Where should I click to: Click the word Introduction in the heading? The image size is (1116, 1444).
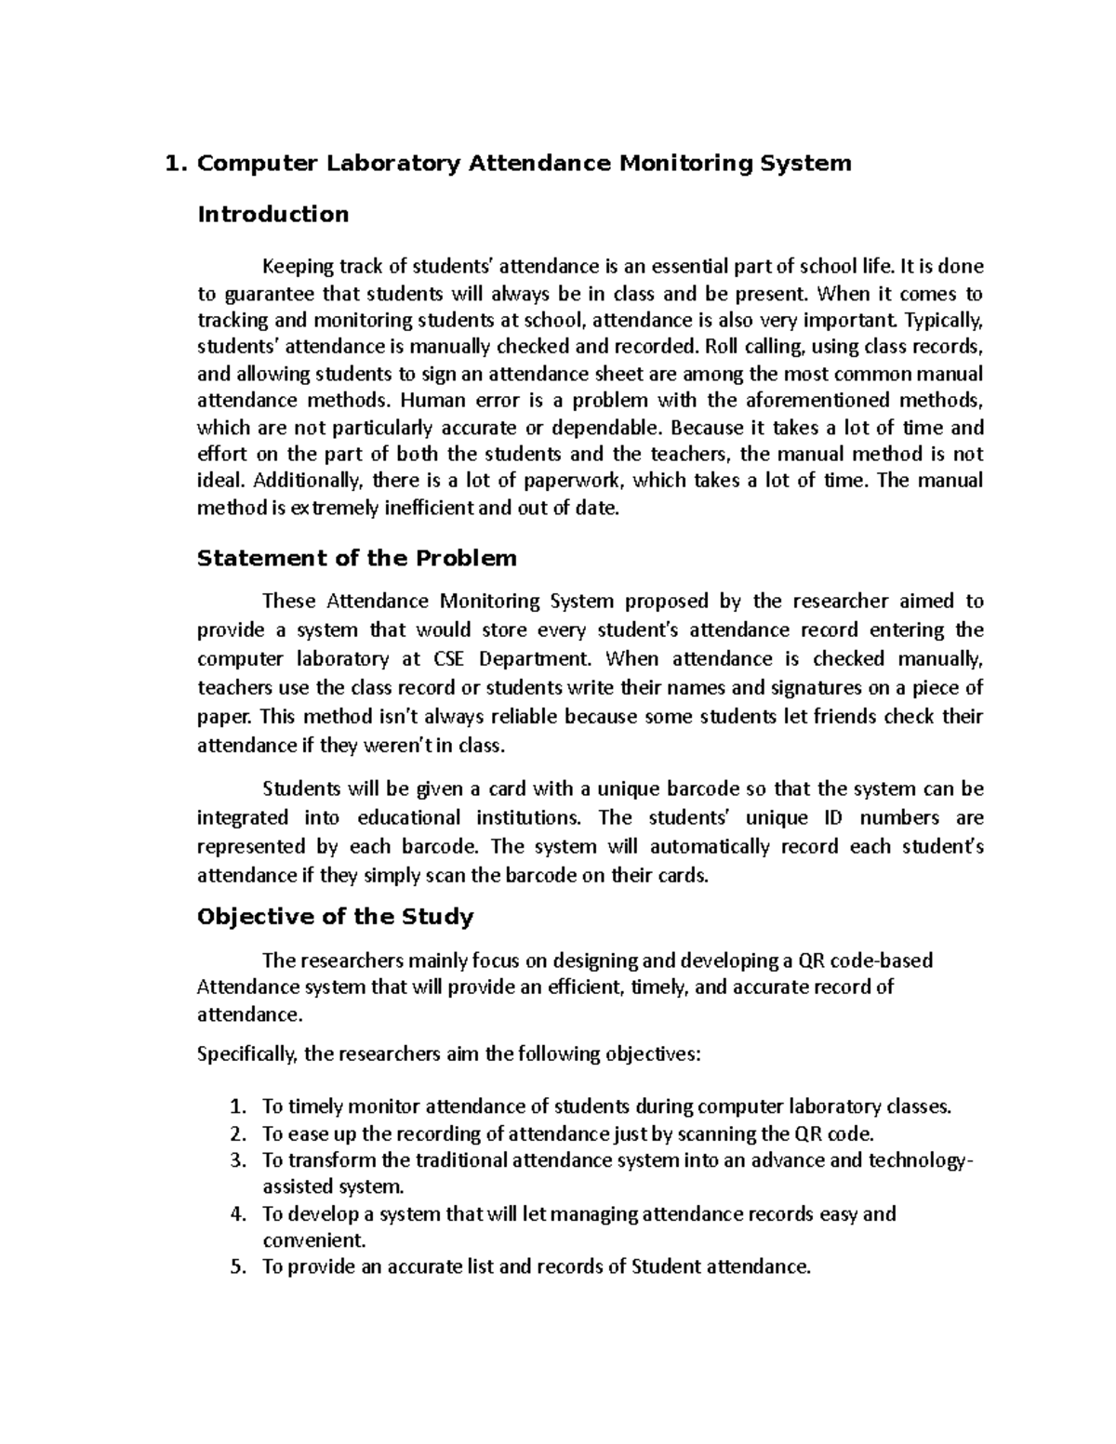click(x=273, y=215)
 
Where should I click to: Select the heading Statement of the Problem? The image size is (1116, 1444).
click(x=357, y=559)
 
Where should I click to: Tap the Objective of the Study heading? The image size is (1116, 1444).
click(x=336, y=918)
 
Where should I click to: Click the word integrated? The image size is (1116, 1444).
click(x=243, y=818)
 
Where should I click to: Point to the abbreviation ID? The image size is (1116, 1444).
click(x=829, y=818)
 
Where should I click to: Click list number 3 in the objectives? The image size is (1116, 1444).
click(x=237, y=1160)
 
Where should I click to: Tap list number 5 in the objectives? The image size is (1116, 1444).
click(x=237, y=1267)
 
